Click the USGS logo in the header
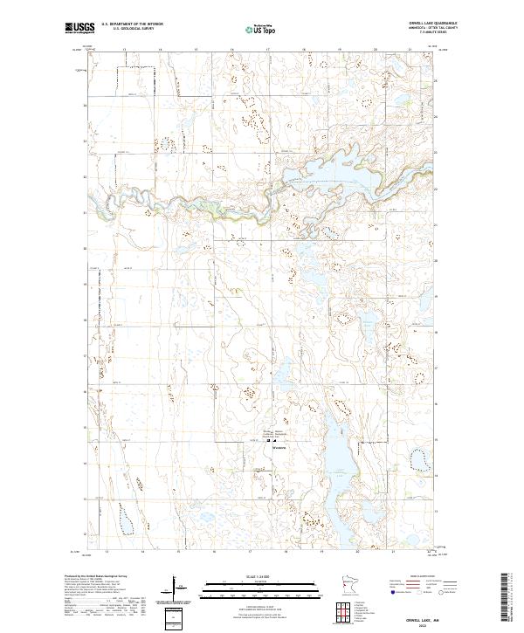(x=79, y=29)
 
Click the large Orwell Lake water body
(x=341, y=170)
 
